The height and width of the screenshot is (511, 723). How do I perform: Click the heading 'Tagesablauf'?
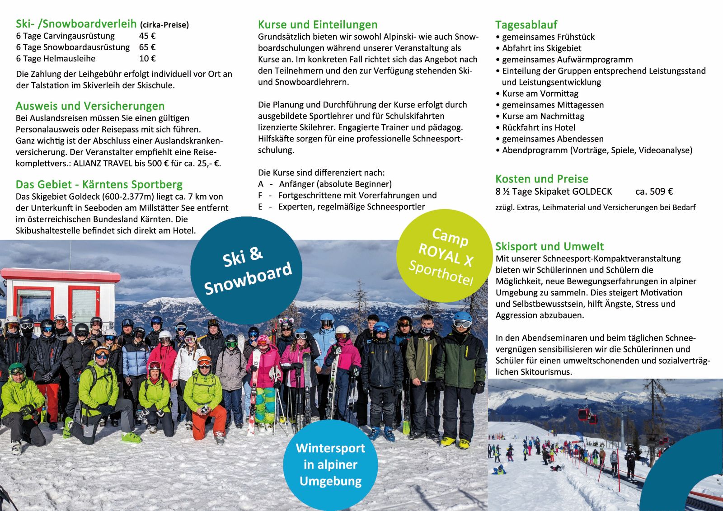526,25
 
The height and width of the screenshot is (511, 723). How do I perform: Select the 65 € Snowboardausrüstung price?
147,47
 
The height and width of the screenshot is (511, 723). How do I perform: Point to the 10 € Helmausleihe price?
147,59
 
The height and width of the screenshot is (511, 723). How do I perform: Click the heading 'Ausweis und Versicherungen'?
90,106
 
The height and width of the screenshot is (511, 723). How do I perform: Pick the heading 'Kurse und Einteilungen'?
318,25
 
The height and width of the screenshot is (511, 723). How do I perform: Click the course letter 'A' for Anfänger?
261,184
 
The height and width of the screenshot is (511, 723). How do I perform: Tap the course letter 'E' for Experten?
260,207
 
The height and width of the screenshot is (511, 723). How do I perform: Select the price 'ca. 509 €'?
654,192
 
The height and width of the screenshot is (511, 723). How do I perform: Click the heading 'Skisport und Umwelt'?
549,247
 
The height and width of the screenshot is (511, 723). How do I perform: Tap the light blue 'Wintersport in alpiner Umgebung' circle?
330,464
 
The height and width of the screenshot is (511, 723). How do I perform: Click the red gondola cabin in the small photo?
585,414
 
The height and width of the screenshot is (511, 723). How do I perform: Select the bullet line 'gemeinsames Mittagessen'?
553,105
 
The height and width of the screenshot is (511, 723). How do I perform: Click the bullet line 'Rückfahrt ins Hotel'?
539,127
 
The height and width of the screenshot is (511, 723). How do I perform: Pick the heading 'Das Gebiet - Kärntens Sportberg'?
99,185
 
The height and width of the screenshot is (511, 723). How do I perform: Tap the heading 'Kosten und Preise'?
541,179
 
